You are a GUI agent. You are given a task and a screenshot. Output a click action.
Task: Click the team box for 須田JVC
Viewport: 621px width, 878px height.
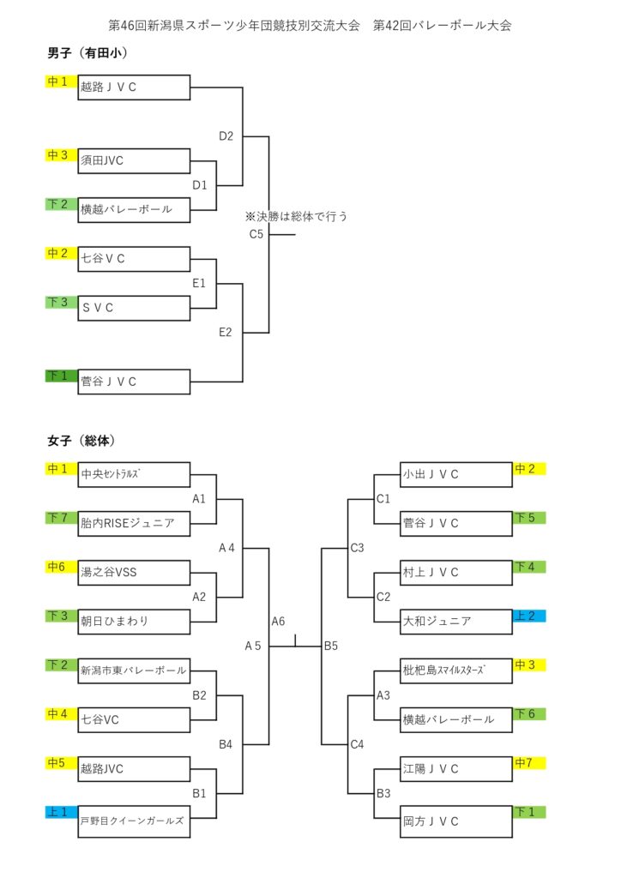[134, 160]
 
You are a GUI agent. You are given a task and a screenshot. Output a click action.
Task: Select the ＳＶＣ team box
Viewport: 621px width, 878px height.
[134, 308]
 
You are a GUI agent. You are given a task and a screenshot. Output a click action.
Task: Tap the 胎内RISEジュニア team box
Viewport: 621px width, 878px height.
[134, 524]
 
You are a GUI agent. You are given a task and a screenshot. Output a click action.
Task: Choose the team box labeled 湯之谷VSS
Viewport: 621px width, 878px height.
[134, 573]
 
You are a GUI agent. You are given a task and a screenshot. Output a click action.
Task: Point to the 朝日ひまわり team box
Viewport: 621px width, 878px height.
[134, 622]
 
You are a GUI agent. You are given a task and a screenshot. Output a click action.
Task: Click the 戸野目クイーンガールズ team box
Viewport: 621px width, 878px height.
[134, 821]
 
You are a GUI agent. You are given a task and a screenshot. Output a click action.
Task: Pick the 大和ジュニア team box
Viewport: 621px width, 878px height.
[456, 622]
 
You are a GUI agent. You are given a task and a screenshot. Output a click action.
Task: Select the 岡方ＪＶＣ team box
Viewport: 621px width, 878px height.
[456, 821]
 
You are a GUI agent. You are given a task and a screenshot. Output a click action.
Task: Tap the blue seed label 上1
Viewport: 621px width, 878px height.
[61, 812]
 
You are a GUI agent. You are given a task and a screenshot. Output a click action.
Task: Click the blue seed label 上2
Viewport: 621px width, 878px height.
[529, 616]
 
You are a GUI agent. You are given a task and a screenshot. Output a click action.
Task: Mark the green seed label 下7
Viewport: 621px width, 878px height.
[61, 517]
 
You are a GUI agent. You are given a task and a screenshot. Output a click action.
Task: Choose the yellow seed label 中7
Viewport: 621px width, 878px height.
[529, 762]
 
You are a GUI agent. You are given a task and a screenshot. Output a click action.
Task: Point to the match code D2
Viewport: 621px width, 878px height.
[226, 136]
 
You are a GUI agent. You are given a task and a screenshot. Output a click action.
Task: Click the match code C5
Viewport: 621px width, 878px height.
[256, 234]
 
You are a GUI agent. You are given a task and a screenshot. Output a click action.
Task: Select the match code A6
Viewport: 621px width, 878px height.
[278, 621]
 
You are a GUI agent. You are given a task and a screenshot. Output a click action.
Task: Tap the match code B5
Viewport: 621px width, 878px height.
[331, 646]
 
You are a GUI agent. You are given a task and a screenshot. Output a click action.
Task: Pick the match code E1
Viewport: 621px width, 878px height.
[199, 283]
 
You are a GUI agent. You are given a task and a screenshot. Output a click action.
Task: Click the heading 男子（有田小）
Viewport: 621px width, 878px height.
[87, 53]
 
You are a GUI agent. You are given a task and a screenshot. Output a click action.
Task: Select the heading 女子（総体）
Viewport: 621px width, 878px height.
[81, 441]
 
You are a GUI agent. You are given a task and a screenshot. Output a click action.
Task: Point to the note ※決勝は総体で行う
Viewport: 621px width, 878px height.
[296, 216]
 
